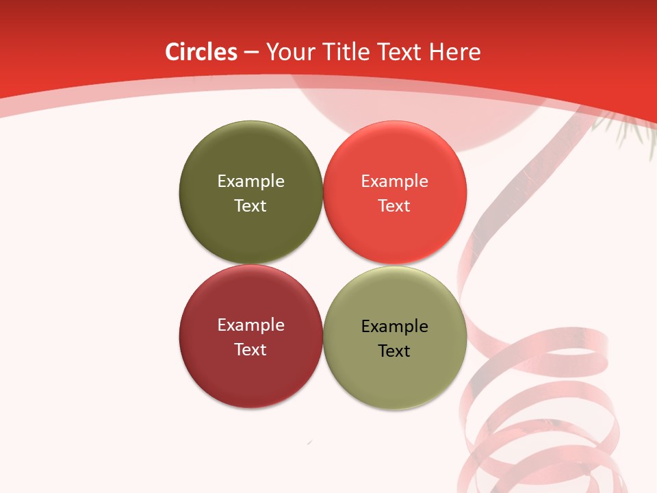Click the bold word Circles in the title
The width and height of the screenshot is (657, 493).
click(x=201, y=52)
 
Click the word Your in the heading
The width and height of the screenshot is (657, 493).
click(x=288, y=52)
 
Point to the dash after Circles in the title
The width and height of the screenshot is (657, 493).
click(x=251, y=53)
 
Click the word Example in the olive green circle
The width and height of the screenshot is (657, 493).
click(x=250, y=181)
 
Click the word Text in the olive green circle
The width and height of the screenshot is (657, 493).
click(x=250, y=205)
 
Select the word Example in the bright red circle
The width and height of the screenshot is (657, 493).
click(x=394, y=181)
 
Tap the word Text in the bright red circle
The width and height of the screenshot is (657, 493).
click(x=394, y=205)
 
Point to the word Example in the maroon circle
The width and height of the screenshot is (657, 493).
click(x=250, y=325)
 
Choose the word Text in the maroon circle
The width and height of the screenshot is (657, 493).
click(x=250, y=349)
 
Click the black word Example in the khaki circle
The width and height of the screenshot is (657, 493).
click(x=394, y=327)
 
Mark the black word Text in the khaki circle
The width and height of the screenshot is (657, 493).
click(x=394, y=351)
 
